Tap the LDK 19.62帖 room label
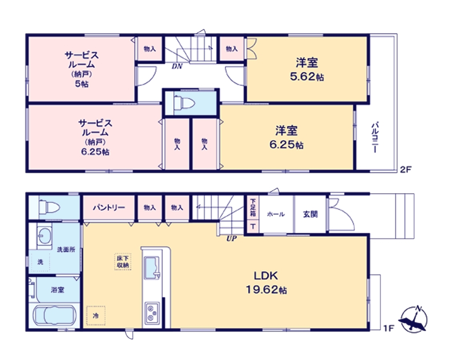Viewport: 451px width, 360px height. pyautogui.click(x=266, y=283)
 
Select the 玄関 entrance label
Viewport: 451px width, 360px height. pyautogui.click(x=311, y=214)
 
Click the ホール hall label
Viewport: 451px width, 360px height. pyautogui.click(x=276, y=214)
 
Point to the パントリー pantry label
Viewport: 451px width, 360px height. pyautogui.click(x=109, y=208)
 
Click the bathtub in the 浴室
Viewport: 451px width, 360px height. pyautogui.click(x=54, y=316)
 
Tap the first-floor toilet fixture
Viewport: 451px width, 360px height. pyautogui.click(x=49, y=207)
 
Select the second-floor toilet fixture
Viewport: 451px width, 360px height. pyautogui.click(x=184, y=103)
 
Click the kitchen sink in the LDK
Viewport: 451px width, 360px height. pyautogui.click(x=152, y=268)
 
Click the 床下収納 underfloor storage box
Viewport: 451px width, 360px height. pyautogui.click(x=123, y=262)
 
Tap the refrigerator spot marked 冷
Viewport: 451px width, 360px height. pyautogui.click(x=96, y=316)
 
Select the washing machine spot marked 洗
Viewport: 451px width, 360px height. pyautogui.click(x=40, y=262)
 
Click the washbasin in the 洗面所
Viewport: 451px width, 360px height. pyautogui.click(x=44, y=236)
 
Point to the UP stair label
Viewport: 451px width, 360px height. pyautogui.click(x=231, y=239)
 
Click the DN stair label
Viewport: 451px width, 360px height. pyautogui.click(x=177, y=66)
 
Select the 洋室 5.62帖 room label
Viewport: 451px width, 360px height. pyautogui.click(x=307, y=69)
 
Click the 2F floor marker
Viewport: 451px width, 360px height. pyautogui.click(x=405, y=170)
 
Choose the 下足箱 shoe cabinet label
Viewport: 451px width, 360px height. pyautogui.click(x=253, y=207)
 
